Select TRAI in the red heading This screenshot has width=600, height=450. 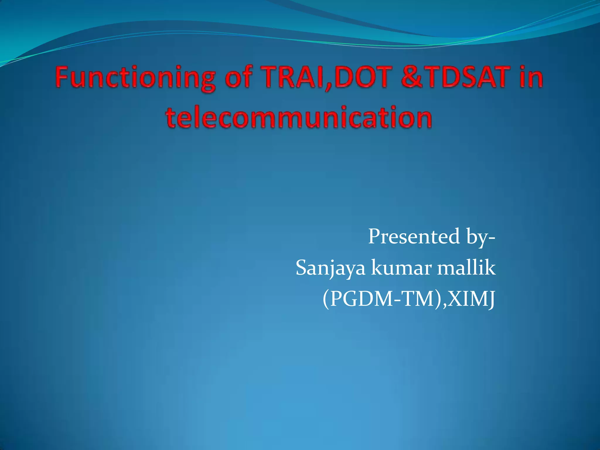point(296,77)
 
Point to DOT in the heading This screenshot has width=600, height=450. point(364,77)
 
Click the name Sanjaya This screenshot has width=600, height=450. point(330,268)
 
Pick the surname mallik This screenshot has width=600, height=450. point(466,268)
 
